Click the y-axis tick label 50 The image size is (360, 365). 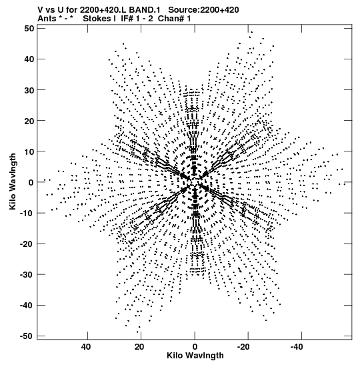coord(29,29)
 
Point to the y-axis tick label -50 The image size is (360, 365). coord(27,336)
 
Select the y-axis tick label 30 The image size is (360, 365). coord(29,90)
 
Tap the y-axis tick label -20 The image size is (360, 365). coord(27,244)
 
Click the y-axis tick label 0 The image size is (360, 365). coord(31,182)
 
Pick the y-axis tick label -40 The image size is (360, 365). coord(27,305)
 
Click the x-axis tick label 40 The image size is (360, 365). coord(86,347)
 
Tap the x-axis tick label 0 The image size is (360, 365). coord(195,347)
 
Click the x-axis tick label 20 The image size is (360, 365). coord(139,347)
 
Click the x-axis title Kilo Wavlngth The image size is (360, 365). coord(195,356)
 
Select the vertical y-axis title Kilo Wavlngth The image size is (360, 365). coord(13,181)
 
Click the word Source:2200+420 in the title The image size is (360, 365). coord(203,10)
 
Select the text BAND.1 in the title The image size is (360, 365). coord(145,10)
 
